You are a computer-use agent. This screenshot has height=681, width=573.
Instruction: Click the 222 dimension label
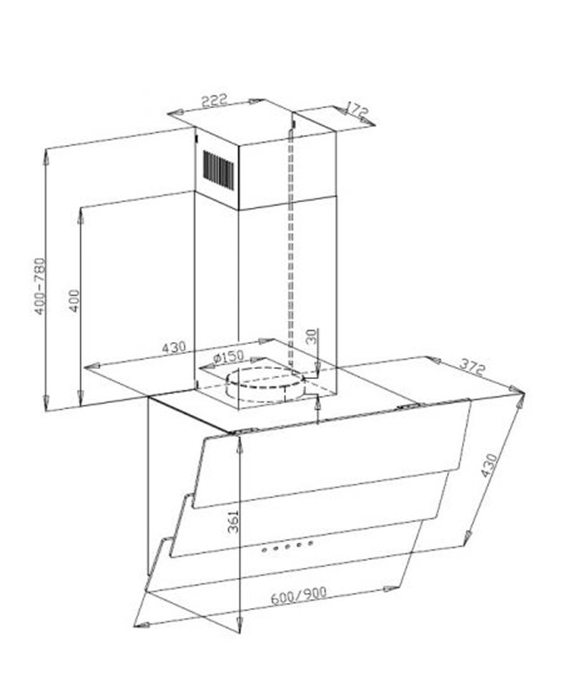(x=214, y=100)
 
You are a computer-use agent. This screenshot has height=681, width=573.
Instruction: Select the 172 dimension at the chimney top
(x=357, y=110)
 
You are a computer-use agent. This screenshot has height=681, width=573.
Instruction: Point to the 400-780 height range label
(x=39, y=286)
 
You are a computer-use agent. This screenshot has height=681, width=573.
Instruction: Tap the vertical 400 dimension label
(x=74, y=300)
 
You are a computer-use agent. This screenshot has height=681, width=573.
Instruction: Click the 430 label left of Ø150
(x=173, y=348)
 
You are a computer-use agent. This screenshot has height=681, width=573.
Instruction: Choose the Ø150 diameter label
(x=229, y=357)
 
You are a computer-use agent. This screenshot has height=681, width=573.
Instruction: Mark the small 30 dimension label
(x=312, y=337)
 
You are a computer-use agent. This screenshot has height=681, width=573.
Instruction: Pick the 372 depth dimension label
(x=472, y=368)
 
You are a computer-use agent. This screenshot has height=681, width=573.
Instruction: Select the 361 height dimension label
(x=233, y=522)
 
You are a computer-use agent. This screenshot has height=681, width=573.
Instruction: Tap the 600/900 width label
(x=299, y=595)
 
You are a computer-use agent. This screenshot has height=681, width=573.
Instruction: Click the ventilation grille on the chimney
(x=218, y=170)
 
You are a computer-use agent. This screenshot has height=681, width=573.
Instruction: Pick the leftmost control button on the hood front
(x=264, y=551)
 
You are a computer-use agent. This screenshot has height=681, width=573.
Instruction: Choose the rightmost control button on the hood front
(x=311, y=543)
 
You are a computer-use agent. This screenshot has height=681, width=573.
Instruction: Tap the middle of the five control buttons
(x=287, y=546)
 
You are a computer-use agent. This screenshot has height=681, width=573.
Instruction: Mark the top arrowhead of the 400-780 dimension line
(x=45, y=156)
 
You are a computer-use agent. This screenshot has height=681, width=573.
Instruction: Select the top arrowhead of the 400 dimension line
(x=81, y=216)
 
